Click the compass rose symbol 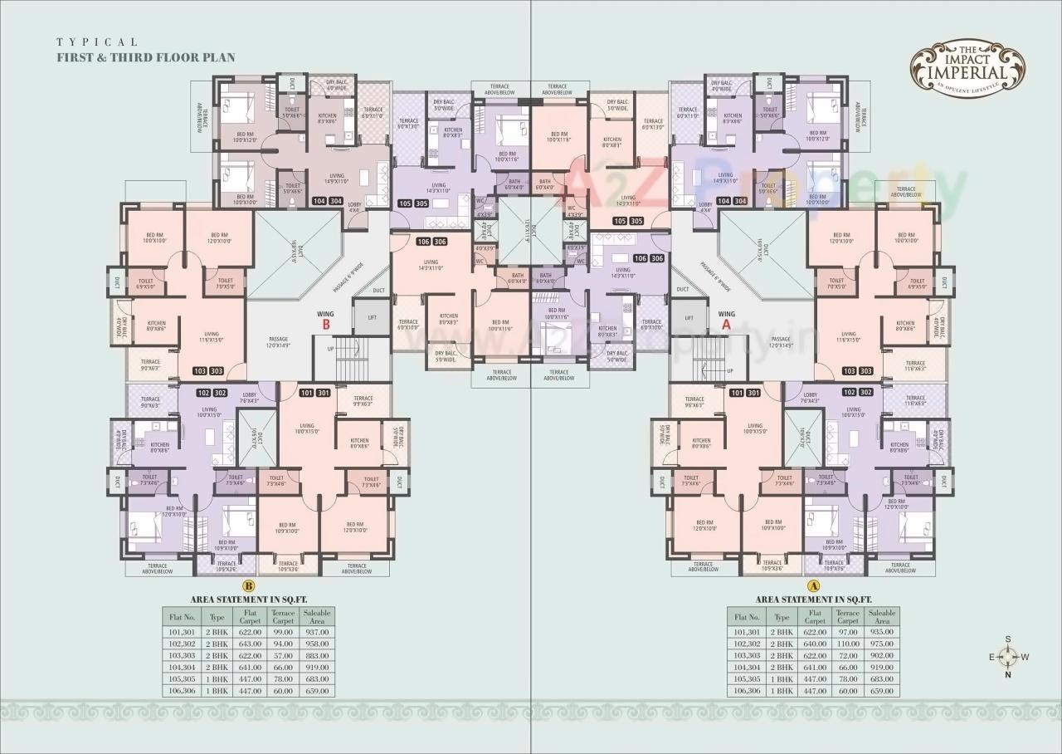(1007, 656)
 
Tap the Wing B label (326, 321)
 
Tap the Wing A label (727, 321)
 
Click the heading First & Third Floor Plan (145, 57)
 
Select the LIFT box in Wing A (689, 317)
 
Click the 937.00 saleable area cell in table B (317, 632)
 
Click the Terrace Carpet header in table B (284, 617)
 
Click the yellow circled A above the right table (813, 586)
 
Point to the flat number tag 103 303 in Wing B (208, 370)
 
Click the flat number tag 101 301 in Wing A (745, 393)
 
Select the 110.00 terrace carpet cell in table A (848, 644)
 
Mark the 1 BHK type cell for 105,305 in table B (217, 679)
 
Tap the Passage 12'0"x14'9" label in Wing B (278, 341)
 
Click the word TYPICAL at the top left (97, 42)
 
